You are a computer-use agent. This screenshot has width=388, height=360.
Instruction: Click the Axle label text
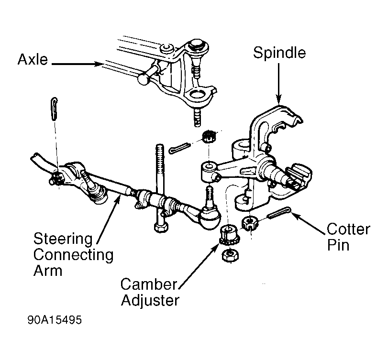(x=33, y=59)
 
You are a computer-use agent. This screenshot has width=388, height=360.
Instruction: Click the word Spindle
(x=279, y=53)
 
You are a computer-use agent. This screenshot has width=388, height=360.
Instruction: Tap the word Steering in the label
(x=63, y=239)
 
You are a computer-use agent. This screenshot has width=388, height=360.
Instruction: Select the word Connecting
(x=74, y=255)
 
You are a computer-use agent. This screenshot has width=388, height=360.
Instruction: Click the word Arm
(x=48, y=271)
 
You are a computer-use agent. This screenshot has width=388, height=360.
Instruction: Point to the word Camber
(x=149, y=284)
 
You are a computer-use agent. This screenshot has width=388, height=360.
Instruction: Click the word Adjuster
(x=150, y=300)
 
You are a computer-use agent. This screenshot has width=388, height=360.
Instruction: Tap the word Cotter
(x=349, y=229)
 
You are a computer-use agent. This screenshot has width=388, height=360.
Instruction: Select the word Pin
(x=338, y=245)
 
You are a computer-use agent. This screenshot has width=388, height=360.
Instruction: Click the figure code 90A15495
(x=55, y=320)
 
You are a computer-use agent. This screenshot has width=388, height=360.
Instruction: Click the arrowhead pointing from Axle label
(x=99, y=64)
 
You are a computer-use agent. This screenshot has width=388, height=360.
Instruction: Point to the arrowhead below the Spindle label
(x=279, y=100)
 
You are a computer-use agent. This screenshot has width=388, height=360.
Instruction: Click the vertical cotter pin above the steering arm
(x=54, y=109)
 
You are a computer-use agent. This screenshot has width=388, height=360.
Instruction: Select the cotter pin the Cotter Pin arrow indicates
(x=279, y=213)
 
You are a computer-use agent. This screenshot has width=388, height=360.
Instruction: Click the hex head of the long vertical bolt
(x=161, y=227)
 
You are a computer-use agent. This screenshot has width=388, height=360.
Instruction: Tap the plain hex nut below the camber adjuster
(x=231, y=255)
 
